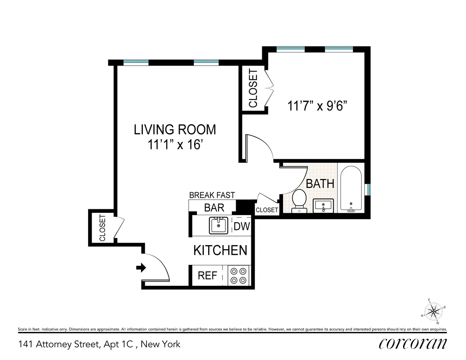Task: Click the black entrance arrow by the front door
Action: point(141,268)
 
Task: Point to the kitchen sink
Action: point(219,225)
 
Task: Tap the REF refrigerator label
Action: point(207,275)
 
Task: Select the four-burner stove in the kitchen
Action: point(238,275)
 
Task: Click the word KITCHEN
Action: point(220,250)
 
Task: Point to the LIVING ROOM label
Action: point(175,129)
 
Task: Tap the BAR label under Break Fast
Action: point(214,207)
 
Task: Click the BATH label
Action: point(320,183)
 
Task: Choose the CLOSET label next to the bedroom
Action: point(253,88)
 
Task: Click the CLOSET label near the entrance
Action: point(103,228)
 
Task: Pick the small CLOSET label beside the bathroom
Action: point(267,210)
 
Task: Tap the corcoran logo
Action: point(412,343)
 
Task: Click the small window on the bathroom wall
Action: point(369,189)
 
